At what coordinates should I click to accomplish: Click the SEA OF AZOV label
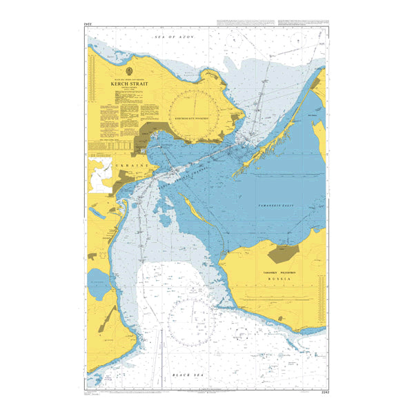[x=175, y=35]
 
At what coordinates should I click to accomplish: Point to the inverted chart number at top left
[x=88, y=25]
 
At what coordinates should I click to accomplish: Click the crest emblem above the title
[x=130, y=70]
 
